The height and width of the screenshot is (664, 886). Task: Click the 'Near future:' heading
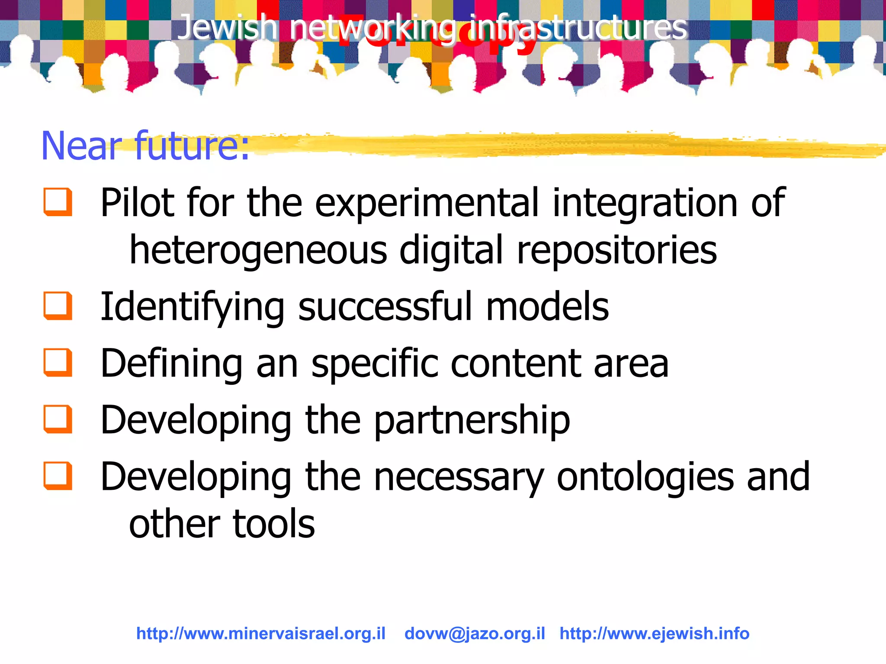pyautogui.click(x=145, y=146)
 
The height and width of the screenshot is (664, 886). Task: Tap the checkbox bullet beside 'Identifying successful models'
pyautogui.click(x=58, y=306)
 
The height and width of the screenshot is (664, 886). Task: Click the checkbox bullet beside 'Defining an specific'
pyautogui.click(x=58, y=362)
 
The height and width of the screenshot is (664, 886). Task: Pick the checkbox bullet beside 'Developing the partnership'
pyautogui.click(x=58, y=419)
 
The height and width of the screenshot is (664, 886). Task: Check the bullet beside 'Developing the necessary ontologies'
pyautogui.click(x=58, y=476)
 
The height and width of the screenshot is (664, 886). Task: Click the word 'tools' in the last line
pyautogui.click(x=274, y=524)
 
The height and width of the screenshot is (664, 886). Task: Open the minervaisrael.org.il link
pyautogui.click(x=261, y=633)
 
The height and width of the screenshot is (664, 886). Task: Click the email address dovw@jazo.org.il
pyautogui.click(x=475, y=633)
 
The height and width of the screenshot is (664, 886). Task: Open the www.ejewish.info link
pyautogui.click(x=654, y=633)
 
